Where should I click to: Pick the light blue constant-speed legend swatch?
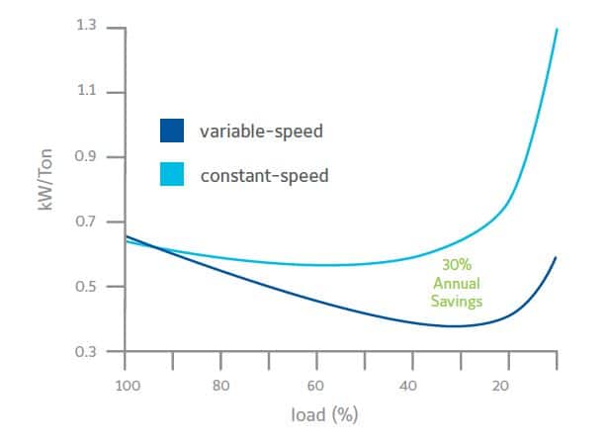click(172, 175)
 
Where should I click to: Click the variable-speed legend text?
click(263, 132)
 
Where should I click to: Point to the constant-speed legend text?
click(264, 176)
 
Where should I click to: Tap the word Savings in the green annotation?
click(456, 301)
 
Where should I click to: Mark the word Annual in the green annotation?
click(456, 284)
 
